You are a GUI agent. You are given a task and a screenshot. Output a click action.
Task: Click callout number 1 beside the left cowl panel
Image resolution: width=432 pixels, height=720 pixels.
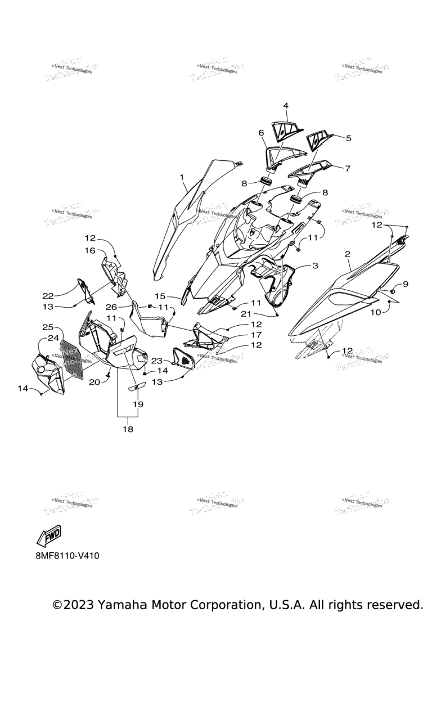point(182,177)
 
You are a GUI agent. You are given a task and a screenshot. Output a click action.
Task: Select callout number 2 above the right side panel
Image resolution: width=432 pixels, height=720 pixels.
point(347,254)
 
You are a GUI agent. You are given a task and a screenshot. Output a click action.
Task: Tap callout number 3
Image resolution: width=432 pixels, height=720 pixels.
point(314,265)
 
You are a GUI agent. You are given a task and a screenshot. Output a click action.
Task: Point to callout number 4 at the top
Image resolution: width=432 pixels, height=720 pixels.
point(286,106)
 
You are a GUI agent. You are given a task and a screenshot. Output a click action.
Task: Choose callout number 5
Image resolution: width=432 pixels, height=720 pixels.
point(348,138)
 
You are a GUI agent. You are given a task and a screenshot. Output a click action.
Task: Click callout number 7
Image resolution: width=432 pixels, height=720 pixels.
point(347,168)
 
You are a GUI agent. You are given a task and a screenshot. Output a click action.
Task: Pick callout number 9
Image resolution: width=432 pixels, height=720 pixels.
point(406,285)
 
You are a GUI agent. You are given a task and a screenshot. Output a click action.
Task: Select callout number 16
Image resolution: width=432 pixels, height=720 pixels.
point(91,251)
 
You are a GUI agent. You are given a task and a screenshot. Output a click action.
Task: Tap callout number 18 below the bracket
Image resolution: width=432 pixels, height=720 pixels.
point(128,429)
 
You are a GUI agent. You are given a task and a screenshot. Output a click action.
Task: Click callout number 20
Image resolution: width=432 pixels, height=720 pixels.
point(94,382)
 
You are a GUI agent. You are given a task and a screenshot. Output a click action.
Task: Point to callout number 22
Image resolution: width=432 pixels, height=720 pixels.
point(48,296)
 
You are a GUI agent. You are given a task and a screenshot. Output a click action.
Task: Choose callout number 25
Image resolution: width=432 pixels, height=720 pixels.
point(48,327)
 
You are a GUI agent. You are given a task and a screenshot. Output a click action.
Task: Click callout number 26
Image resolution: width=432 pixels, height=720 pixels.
point(110,307)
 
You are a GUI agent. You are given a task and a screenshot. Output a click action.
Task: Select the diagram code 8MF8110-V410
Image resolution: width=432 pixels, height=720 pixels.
point(67,556)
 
